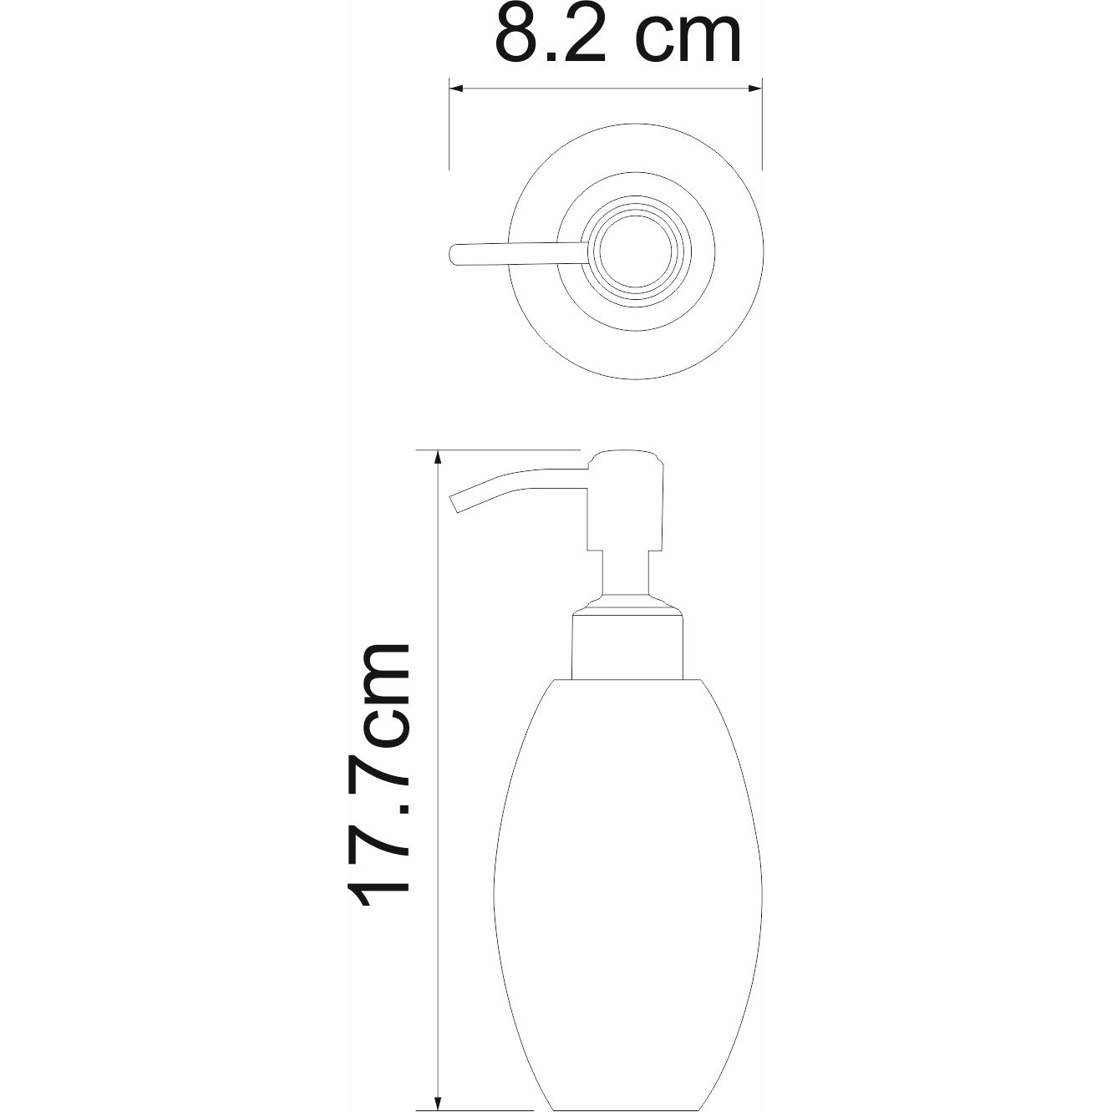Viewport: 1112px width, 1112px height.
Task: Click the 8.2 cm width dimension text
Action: point(618,35)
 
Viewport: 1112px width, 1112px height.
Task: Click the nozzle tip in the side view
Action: point(456,504)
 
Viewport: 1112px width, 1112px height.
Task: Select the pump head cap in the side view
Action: point(627,501)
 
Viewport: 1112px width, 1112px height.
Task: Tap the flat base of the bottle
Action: point(627,1102)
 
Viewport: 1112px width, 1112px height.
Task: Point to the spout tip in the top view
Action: point(454,254)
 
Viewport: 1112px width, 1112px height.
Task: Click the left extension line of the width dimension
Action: point(450,125)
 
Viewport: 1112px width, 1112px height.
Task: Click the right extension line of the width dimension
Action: point(762,125)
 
